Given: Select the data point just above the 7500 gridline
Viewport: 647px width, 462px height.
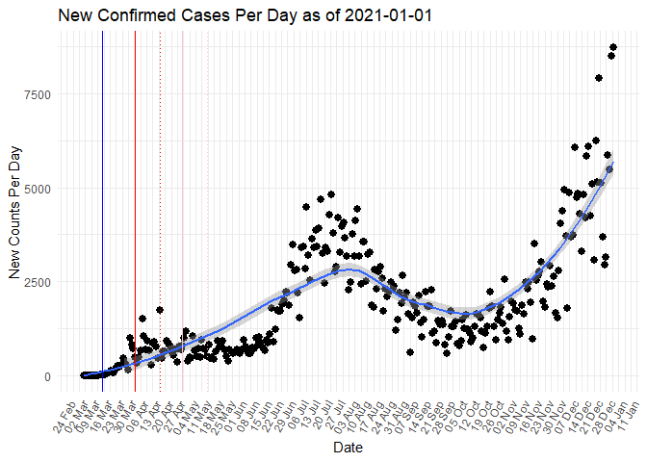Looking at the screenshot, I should [x=599, y=78].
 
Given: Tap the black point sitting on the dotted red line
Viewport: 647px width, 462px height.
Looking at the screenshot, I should [x=160, y=310].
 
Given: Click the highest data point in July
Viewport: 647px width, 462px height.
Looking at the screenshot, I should [x=330, y=194].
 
